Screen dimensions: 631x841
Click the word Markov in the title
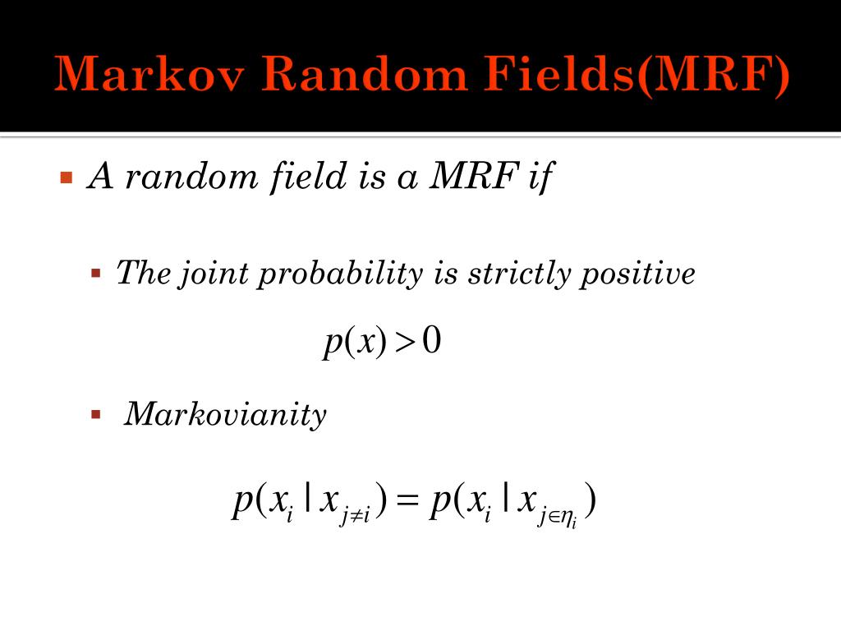click(150, 76)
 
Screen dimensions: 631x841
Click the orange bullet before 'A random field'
click(67, 177)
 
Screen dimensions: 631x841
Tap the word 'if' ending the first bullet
click(538, 176)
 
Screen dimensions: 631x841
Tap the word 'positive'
click(638, 273)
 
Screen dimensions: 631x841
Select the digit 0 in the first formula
click(432, 342)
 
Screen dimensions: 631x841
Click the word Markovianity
click(225, 415)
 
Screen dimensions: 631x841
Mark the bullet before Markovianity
click(95, 414)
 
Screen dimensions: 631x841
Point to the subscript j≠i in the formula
click(355, 517)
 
